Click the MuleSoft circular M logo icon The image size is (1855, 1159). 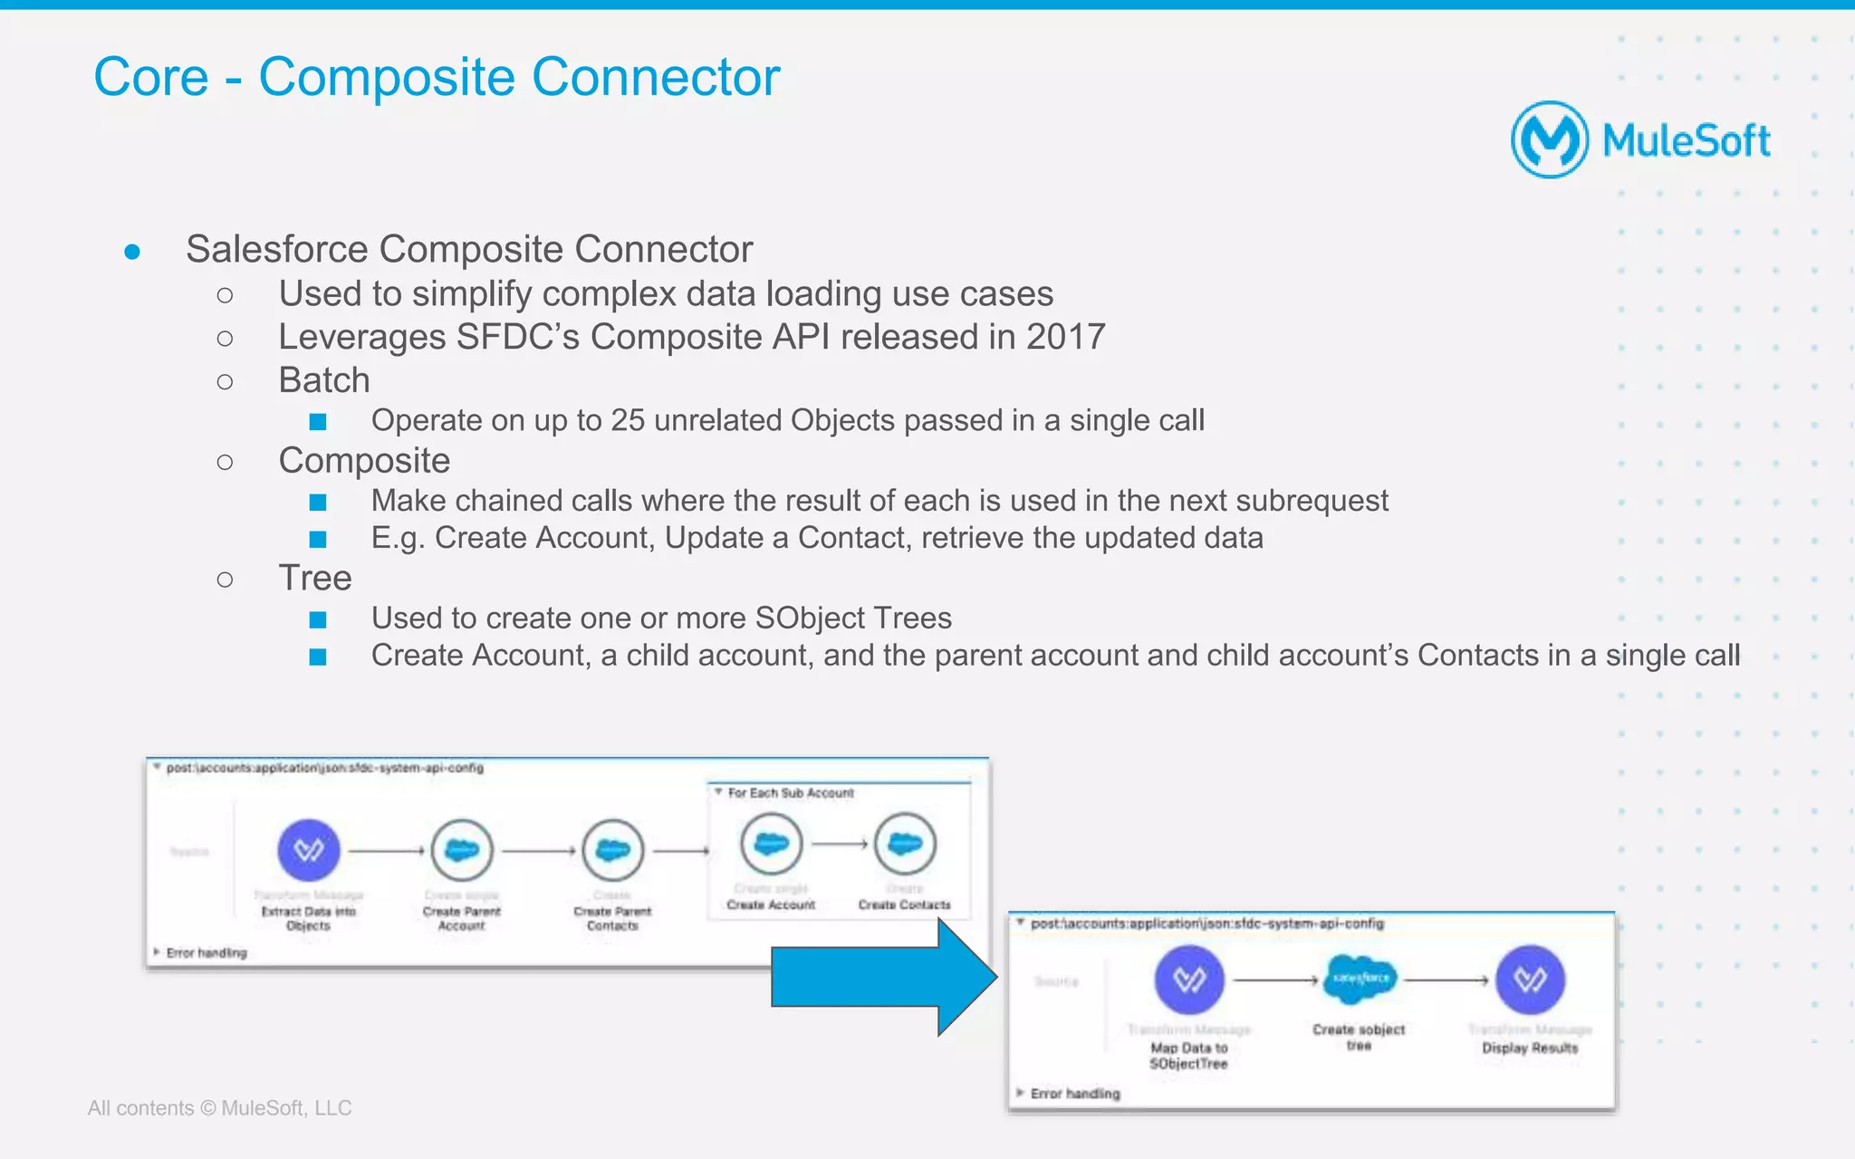tap(1549, 139)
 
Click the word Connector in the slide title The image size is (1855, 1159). tap(655, 77)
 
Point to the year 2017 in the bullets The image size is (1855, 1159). tap(1065, 337)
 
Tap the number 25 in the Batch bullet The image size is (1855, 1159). tap(629, 420)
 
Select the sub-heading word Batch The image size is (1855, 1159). tap(324, 380)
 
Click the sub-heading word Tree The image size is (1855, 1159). tap(314, 578)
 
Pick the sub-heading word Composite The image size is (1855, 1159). tap(364, 461)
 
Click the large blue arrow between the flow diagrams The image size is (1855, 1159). tap(883, 977)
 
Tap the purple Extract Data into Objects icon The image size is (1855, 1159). tap(308, 850)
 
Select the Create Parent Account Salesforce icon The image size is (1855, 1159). tap(462, 850)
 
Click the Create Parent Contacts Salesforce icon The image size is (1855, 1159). tap(613, 850)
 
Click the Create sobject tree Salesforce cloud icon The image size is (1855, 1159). tap(1359, 979)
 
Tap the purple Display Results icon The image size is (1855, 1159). tap(1530, 980)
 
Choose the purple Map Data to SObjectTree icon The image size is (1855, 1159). tap(1188, 980)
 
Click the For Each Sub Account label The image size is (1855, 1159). tap(790, 793)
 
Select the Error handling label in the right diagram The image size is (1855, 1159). tap(1074, 1094)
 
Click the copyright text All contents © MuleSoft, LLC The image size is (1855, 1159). tap(219, 1108)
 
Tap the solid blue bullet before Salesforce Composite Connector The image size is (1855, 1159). tap(132, 251)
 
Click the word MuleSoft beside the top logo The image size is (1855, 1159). tap(1686, 141)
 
